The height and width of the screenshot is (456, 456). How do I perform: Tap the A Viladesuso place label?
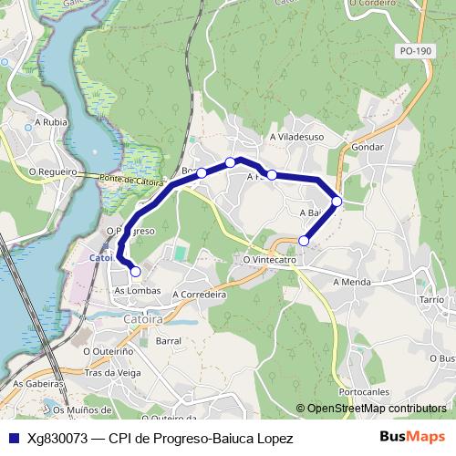click(x=297, y=137)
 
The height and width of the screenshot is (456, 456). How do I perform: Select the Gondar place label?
click(x=367, y=146)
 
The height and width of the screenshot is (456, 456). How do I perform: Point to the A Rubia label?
click(x=49, y=120)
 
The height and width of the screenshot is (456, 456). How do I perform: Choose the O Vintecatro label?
click(x=271, y=260)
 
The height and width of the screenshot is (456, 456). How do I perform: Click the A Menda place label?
click(x=352, y=282)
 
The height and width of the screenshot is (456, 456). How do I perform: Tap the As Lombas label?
click(x=138, y=291)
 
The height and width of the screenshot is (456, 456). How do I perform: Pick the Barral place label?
click(x=169, y=340)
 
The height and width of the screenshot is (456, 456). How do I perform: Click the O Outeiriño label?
click(x=108, y=349)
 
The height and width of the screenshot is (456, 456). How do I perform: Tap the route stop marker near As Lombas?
click(x=136, y=271)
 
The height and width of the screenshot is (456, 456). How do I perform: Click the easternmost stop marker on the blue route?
click(x=337, y=201)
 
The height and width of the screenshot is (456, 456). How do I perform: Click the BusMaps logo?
click(x=412, y=437)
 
